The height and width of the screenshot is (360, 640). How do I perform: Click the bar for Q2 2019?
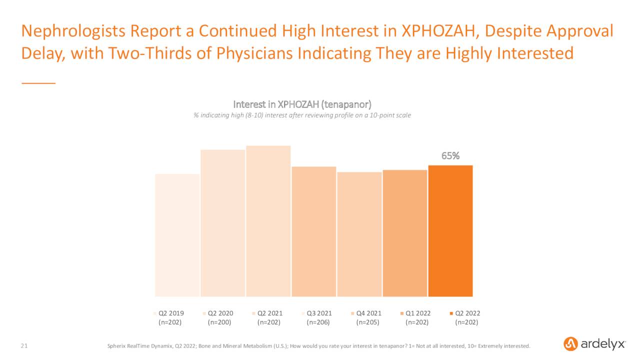[177, 235]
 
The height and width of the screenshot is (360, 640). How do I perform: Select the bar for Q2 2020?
[223, 223]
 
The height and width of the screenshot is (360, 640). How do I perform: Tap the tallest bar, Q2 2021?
[268, 221]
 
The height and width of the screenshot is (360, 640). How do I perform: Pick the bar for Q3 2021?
[314, 231]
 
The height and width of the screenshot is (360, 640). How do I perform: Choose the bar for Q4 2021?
[359, 234]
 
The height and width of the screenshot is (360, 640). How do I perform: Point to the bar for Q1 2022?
[405, 233]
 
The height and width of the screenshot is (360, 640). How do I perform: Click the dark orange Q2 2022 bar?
[450, 231]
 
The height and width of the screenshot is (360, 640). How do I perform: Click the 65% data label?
[450, 156]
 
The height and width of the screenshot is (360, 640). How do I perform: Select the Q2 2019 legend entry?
[170, 313]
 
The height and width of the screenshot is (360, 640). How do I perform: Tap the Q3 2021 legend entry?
[319, 313]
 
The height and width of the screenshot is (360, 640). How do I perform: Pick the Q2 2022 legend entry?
[467, 313]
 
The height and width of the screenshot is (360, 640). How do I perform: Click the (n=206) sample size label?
[319, 322]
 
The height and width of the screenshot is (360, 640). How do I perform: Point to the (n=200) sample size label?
[220, 322]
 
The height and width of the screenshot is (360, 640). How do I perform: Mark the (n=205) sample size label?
[368, 322]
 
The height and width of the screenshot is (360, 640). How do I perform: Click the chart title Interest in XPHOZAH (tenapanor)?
[302, 104]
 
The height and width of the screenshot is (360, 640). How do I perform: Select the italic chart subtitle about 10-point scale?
[302, 115]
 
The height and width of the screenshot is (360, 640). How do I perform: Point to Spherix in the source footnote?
[118, 346]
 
